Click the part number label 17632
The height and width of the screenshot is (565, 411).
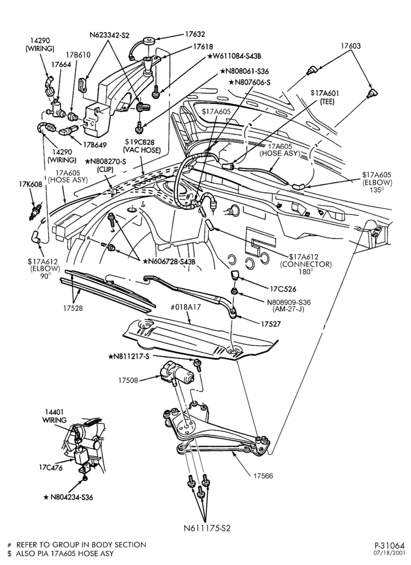(195, 34)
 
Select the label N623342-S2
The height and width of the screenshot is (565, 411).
(110, 35)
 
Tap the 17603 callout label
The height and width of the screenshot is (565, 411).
(351, 46)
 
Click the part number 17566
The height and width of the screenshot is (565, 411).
(263, 476)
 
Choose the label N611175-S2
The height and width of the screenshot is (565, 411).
(207, 528)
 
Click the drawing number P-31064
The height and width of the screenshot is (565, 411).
(390, 545)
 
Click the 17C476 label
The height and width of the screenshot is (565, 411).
(51, 468)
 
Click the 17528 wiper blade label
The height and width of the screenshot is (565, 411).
(73, 308)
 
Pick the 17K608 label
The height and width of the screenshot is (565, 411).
(30, 185)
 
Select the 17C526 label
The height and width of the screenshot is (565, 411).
(283, 289)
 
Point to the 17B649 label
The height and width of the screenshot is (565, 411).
(95, 145)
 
